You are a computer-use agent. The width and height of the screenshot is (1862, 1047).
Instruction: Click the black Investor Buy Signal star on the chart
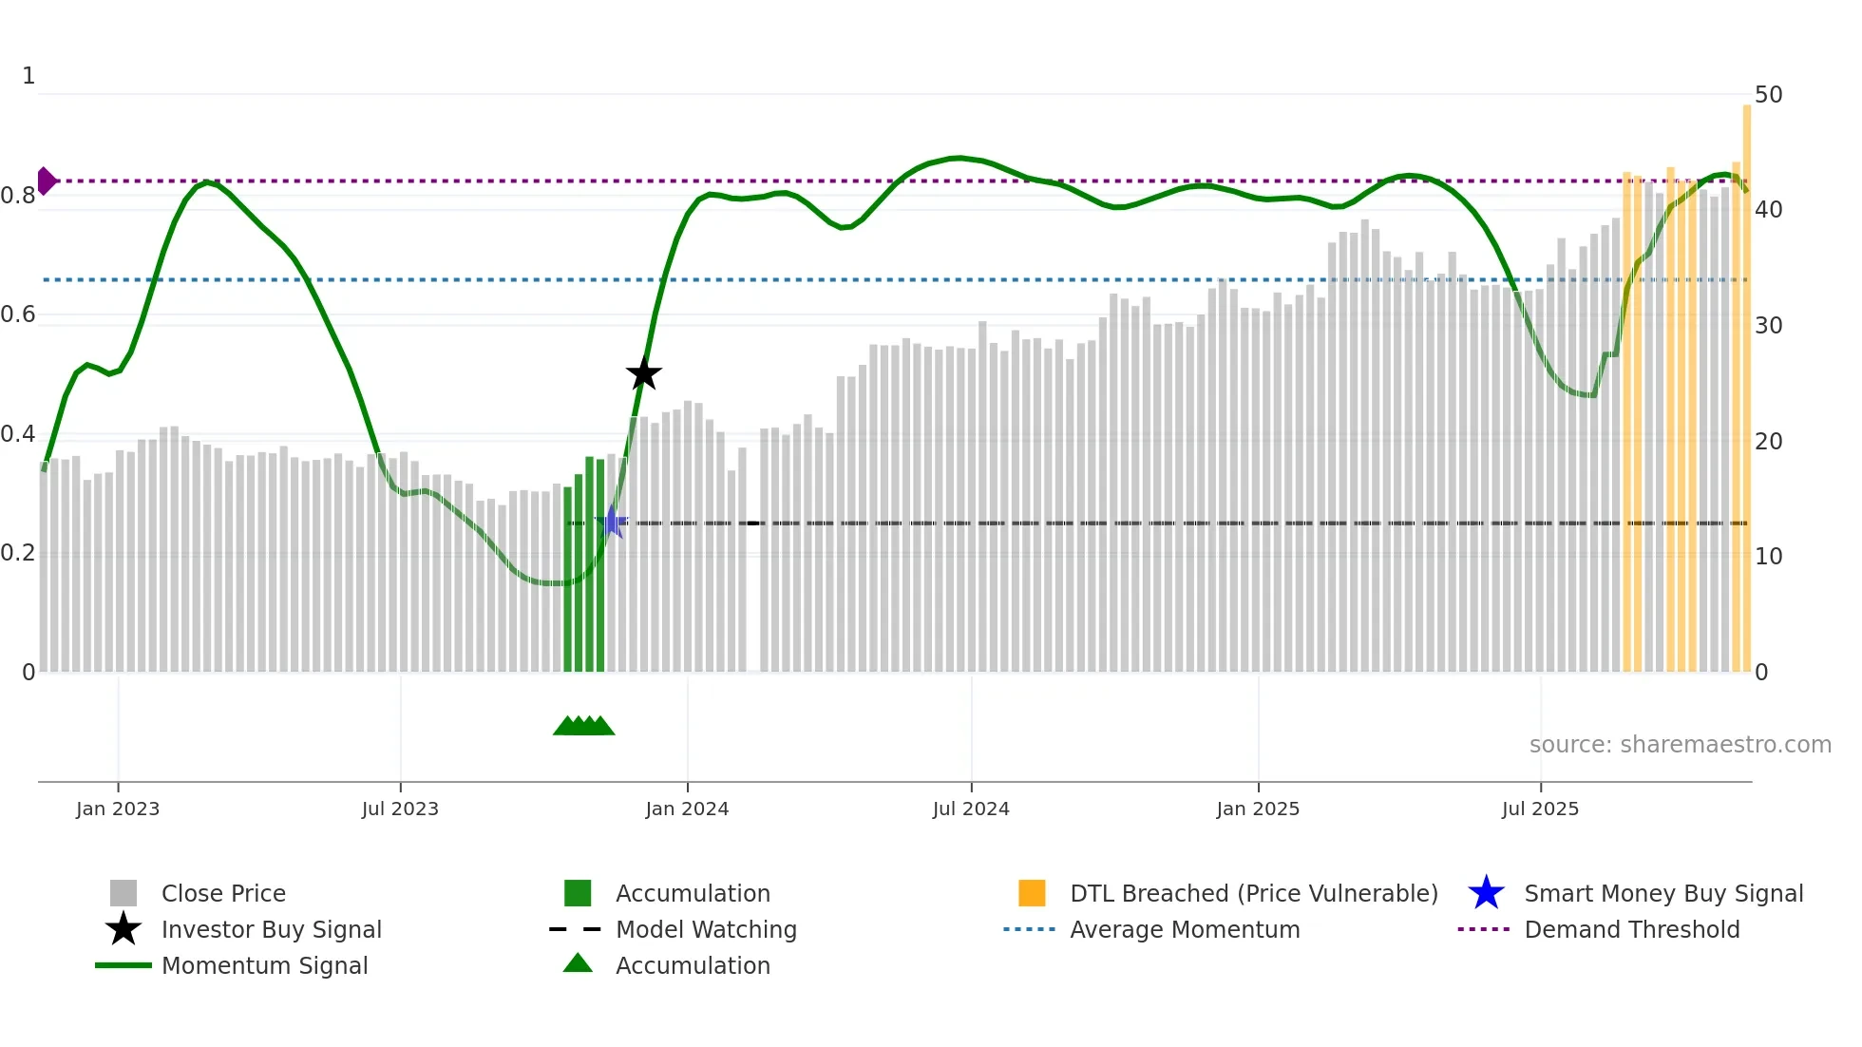tap(643, 373)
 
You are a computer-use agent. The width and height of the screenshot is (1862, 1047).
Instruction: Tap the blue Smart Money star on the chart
tap(613, 522)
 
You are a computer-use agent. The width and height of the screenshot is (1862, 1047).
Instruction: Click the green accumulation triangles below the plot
tap(583, 726)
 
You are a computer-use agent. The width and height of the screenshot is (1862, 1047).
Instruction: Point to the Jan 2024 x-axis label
tap(687, 809)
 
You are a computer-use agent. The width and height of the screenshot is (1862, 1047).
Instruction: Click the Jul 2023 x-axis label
tap(400, 809)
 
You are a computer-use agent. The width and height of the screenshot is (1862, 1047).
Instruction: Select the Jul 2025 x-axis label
tap(1540, 809)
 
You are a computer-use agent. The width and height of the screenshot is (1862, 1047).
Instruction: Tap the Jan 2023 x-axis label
tap(118, 809)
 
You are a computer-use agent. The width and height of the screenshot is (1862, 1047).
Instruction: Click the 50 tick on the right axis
tap(1768, 95)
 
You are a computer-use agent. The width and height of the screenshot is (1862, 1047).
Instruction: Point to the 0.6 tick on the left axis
tap(18, 314)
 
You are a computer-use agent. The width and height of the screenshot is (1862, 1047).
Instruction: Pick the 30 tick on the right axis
tap(1768, 326)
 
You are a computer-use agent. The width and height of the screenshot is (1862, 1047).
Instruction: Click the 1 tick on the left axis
tap(28, 76)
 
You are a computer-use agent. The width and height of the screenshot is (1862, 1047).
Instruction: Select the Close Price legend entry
tap(223, 893)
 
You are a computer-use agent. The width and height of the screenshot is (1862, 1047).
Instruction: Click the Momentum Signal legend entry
tap(264, 965)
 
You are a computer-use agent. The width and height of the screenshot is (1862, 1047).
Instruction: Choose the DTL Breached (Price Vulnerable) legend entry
tap(1253, 893)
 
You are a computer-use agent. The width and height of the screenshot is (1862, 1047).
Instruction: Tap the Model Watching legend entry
tap(706, 929)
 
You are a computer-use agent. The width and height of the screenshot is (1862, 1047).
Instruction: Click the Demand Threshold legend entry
tap(1631, 929)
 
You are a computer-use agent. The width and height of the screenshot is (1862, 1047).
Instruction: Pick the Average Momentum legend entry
tap(1185, 929)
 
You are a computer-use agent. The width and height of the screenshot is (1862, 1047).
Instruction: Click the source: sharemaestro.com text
tap(1680, 745)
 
